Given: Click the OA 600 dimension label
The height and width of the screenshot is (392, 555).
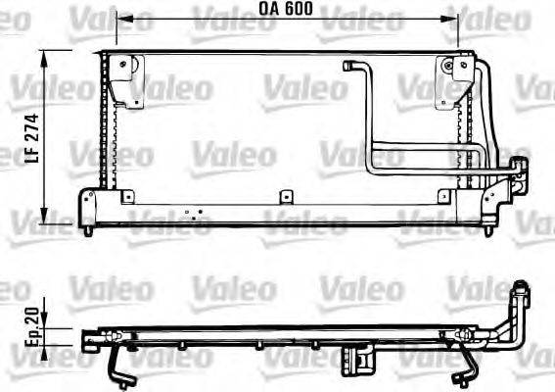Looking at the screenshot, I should pyautogui.click(x=286, y=9).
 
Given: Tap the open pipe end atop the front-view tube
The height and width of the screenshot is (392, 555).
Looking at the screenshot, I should pyautogui.click(x=349, y=66).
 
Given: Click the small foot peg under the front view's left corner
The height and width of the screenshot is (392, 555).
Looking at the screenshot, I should pyautogui.click(x=91, y=230).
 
